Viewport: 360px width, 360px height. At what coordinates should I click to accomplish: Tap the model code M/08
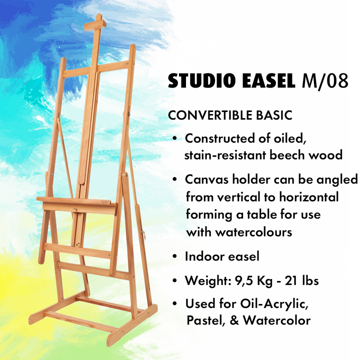[325, 81]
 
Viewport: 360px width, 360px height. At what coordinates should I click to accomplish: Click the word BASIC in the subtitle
[274, 115]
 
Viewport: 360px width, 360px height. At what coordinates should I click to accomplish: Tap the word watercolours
[253, 232]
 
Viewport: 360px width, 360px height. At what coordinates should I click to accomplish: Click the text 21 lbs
[301, 280]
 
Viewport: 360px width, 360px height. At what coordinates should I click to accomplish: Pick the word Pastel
[205, 320]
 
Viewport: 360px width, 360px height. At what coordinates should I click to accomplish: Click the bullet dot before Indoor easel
[175, 256]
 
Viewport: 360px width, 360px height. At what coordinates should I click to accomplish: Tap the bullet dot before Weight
[175, 280]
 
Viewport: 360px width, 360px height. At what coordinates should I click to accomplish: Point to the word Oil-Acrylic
[274, 304]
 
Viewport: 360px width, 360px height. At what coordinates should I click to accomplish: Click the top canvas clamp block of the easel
[95, 24]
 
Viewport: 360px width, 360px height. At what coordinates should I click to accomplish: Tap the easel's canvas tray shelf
[77, 205]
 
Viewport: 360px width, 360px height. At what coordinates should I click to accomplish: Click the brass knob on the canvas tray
[74, 209]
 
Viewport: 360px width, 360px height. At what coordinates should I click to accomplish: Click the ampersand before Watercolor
[234, 320]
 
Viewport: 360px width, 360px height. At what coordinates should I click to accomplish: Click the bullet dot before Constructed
[175, 138]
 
